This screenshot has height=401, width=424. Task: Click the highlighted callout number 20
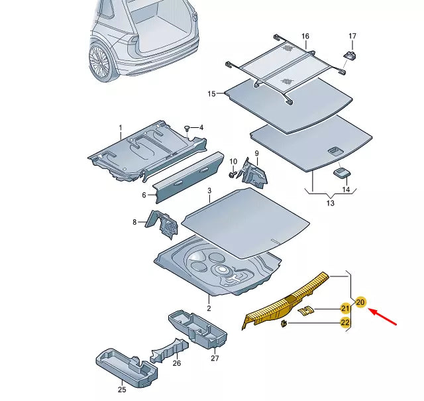pyautogui.click(x=360, y=302)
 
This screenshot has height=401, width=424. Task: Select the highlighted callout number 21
pyautogui.click(x=345, y=308)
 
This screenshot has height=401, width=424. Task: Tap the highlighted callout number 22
pyautogui.click(x=345, y=323)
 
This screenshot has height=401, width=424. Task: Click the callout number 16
pyautogui.click(x=305, y=36)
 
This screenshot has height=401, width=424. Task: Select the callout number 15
pyautogui.click(x=212, y=94)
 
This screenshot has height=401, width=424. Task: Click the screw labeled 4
pyautogui.click(x=187, y=127)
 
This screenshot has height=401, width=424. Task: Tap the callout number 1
pyautogui.click(x=121, y=127)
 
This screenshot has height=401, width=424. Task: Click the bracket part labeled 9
pyautogui.click(x=255, y=172)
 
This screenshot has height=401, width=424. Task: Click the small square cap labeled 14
pyautogui.click(x=341, y=173)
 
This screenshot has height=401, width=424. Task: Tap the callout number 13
pyautogui.click(x=331, y=204)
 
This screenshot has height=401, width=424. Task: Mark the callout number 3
pyautogui.click(x=209, y=191)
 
